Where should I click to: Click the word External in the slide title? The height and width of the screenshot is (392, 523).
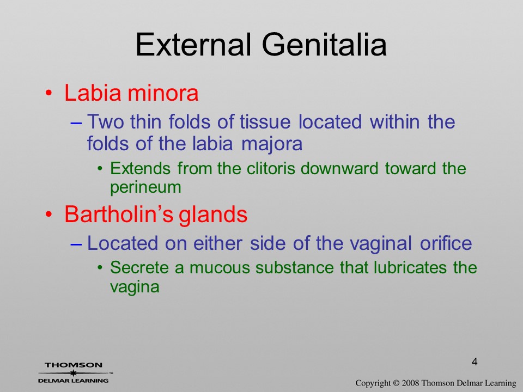tap(193, 44)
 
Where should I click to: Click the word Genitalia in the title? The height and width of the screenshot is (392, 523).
tap(324, 44)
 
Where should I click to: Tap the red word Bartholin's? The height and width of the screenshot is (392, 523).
tap(119, 214)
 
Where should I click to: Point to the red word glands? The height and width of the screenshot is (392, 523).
tap(213, 214)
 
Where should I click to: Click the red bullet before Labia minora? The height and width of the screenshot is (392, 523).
tap(48, 93)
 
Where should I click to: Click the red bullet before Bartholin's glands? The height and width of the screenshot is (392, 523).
tap(48, 215)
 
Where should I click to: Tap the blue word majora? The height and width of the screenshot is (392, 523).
tap(271, 144)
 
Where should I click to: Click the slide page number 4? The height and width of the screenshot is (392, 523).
tap(475, 362)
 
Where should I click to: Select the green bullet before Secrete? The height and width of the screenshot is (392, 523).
tap(100, 268)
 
